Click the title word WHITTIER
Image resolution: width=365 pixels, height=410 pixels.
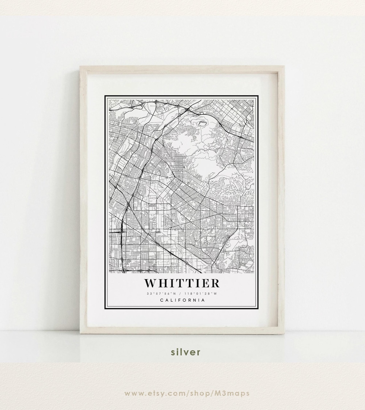tap(182, 283)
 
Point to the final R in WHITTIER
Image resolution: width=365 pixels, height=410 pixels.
tap(215, 283)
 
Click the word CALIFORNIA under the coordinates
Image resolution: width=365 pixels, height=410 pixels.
tap(182, 300)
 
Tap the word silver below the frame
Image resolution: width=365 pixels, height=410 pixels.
tap(186, 352)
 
